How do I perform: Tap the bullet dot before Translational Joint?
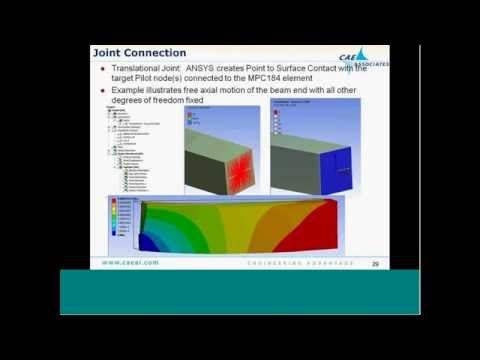pyautogui.click(x=105, y=66)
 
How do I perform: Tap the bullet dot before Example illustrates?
pyautogui.click(x=105, y=89)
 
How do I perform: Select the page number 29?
pyautogui.click(x=375, y=264)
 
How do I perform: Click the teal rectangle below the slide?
pyautogui.click(x=239, y=292)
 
